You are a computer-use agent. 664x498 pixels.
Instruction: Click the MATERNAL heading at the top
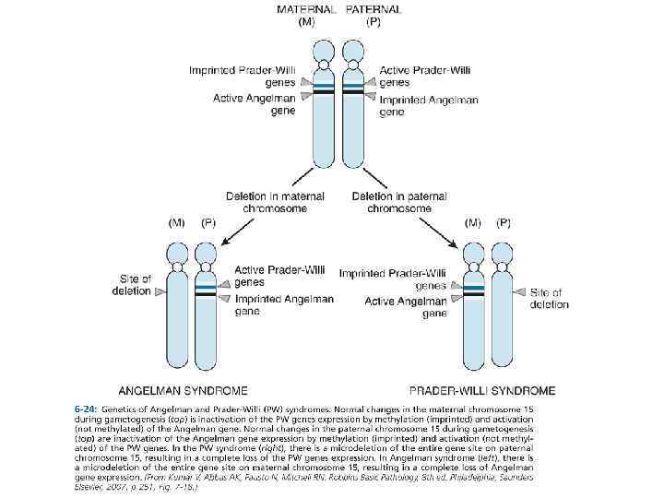(x=305, y=10)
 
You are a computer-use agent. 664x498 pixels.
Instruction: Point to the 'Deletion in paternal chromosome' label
(x=399, y=202)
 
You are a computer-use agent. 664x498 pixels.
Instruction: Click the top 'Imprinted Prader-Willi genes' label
(x=230, y=75)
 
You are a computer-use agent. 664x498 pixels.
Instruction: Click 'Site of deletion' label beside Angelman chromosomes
(x=137, y=284)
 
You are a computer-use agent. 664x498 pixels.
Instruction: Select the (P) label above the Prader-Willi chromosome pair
(x=504, y=222)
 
